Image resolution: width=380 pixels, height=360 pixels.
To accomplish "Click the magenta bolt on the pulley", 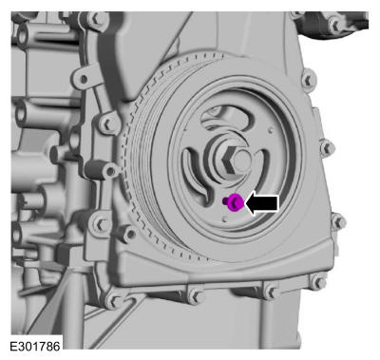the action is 234,202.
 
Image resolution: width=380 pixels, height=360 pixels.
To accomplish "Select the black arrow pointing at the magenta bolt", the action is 262,203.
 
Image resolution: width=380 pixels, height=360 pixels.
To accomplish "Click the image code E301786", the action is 35,346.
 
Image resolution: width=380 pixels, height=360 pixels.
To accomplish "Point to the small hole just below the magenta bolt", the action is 224,218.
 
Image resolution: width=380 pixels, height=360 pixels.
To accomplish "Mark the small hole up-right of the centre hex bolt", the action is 270,129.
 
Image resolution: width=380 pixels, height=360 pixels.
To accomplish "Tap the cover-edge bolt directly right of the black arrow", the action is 338,221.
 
